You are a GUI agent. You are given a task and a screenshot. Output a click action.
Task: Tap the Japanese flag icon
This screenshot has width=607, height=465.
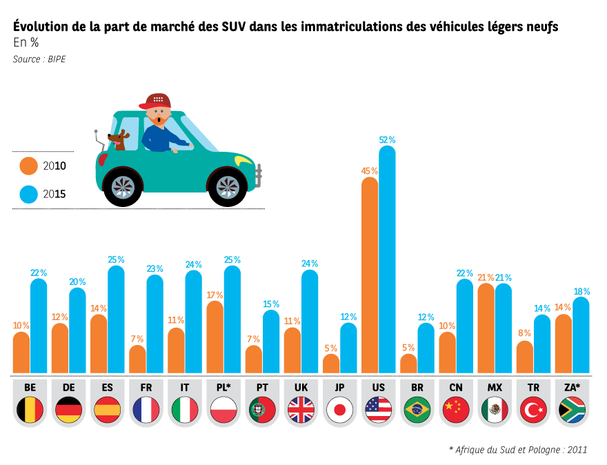(x=339, y=410)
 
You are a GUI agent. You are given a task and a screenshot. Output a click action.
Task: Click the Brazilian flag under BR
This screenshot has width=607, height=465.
(x=417, y=410)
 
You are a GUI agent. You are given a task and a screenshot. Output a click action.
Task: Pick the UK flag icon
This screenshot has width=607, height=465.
(x=301, y=410)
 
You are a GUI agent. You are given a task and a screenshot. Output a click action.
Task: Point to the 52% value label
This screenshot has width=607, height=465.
(x=387, y=140)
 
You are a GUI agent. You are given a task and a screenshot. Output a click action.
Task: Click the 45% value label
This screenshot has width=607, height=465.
(x=370, y=171)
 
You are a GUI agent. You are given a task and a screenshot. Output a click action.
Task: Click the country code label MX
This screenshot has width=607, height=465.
(x=495, y=387)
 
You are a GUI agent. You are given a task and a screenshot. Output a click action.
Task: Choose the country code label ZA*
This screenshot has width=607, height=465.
(x=572, y=387)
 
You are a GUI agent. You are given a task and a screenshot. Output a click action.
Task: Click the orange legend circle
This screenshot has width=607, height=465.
(x=28, y=166)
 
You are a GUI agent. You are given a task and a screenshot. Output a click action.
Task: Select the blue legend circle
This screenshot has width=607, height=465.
(x=28, y=195)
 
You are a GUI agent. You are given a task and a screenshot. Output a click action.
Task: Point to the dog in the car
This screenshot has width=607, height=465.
(x=117, y=139)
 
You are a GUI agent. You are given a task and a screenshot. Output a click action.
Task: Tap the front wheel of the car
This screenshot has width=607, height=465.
(x=228, y=186)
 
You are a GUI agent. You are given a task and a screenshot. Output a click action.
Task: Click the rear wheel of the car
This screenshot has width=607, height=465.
(x=123, y=186)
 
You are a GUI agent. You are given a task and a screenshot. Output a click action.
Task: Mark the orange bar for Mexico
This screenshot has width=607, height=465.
(x=486, y=328)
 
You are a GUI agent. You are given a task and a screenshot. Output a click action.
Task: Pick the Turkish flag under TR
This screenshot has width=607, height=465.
(x=533, y=410)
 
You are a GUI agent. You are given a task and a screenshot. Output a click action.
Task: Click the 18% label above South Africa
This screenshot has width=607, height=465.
(x=581, y=292)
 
